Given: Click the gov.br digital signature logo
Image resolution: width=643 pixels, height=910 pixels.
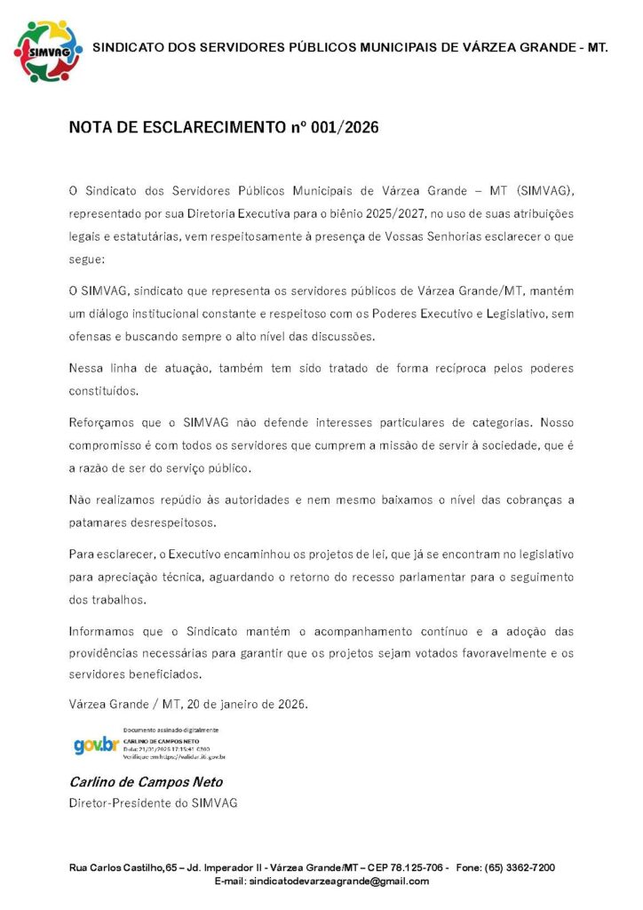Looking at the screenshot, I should pyautogui.click(x=95, y=746).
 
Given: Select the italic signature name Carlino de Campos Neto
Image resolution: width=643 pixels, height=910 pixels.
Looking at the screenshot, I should pyautogui.click(x=146, y=782).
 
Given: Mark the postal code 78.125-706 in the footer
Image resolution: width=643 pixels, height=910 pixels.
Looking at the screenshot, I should pyautogui.click(x=416, y=866).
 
